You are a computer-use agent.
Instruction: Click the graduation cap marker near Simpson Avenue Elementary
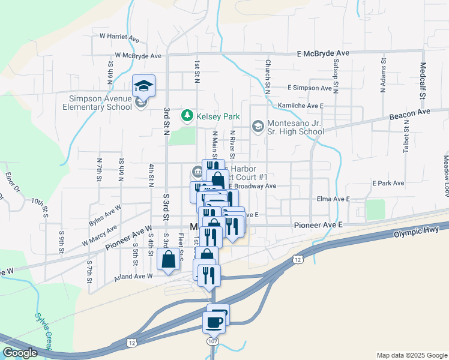point(143,86)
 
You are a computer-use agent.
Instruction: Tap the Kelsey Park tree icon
point(188,115)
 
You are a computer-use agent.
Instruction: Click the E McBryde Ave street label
point(323,53)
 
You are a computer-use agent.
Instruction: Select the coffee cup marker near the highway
point(214,322)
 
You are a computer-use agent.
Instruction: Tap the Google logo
point(20,353)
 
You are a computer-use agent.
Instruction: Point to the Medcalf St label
point(424,80)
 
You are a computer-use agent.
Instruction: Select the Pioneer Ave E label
point(318,224)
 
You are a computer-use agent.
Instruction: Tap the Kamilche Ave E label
point(301,106)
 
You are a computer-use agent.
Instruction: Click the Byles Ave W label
point(104,213)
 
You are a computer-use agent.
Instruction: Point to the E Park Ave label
point(388,182)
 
